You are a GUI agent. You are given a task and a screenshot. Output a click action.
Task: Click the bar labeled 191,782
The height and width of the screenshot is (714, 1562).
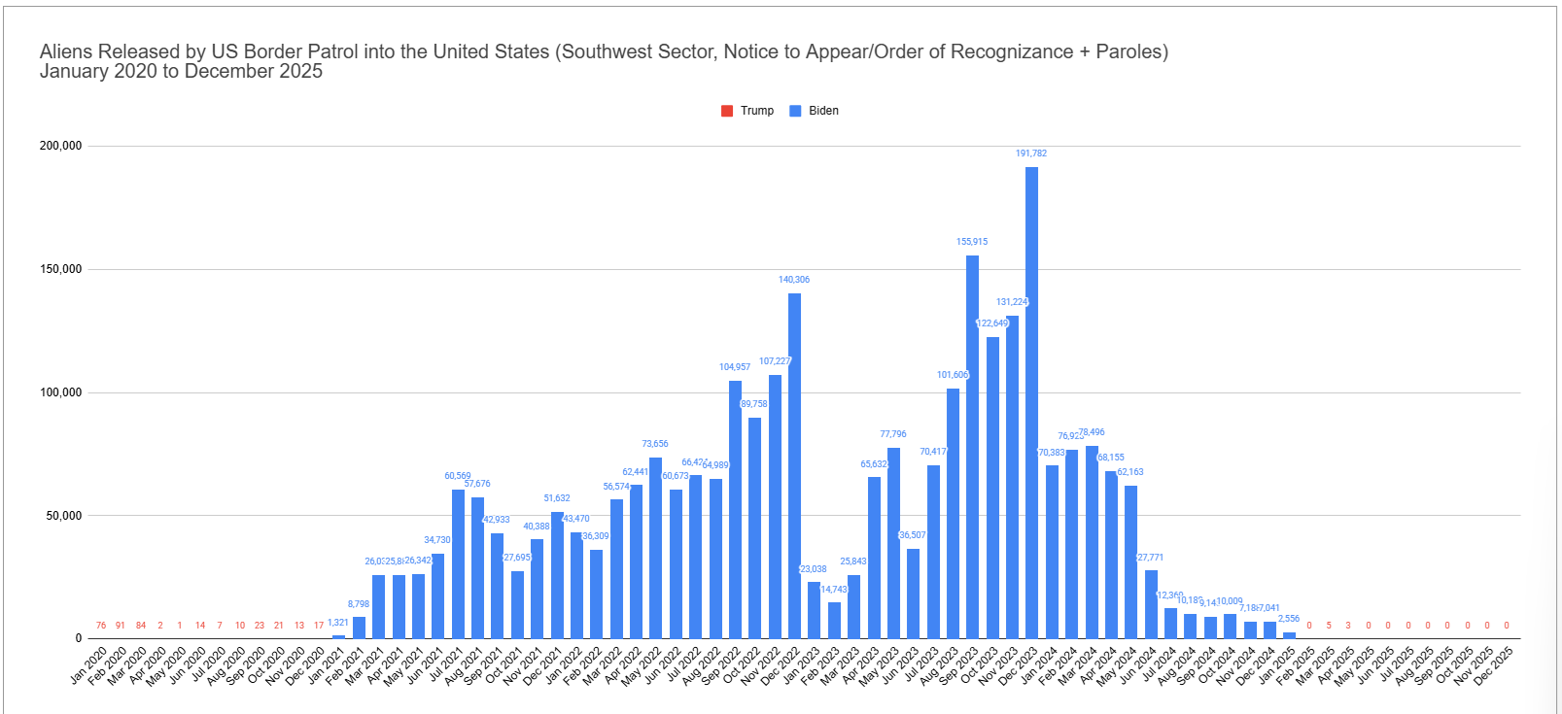(x=1031, y=402)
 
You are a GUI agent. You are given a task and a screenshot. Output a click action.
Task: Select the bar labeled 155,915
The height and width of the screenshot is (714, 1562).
(x=972, y=447)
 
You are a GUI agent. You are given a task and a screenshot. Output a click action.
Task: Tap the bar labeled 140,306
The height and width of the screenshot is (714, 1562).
(x=794, y=465)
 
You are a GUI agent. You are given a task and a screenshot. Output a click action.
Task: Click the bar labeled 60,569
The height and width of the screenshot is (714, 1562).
(x=458, y=563)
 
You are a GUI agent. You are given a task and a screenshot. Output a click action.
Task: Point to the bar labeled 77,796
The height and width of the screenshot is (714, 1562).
(x=893, y=543)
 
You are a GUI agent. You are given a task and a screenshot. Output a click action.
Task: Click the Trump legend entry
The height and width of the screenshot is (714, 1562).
(x=747, y=111)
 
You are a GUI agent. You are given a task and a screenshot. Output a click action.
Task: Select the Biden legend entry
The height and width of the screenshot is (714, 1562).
(x=815, y=111)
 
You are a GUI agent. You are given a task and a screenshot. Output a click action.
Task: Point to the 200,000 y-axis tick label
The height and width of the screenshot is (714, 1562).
(x=60, y=146)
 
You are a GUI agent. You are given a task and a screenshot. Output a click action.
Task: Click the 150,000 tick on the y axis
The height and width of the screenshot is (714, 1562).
(x=60, y=269)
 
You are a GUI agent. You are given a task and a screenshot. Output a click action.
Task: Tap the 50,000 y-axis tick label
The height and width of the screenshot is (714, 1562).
(x=64, y=516)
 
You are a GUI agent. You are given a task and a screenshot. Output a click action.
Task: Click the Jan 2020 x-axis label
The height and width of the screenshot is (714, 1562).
(x=89, y=664)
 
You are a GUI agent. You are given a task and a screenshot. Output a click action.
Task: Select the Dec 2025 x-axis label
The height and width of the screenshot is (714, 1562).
(x=1495, y=665)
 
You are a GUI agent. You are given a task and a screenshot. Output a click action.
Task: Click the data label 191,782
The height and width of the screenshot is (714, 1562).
(x=1031, y=153)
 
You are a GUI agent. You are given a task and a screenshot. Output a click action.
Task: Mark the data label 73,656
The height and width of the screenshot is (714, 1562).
(x=655, y=444)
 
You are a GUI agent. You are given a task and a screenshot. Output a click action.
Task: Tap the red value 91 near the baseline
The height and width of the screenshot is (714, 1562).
(x=121, y=626)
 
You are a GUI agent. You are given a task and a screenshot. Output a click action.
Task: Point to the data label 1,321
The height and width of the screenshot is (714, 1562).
(x=338, y=623)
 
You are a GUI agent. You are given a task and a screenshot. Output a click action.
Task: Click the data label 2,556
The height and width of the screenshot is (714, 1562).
(x=1289, y=619)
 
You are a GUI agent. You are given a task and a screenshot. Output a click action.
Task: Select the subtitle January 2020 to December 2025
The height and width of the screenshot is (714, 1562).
(x=181, y=71)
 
